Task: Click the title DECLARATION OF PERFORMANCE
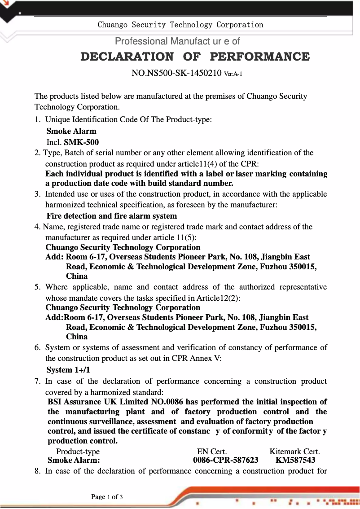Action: (195, 57)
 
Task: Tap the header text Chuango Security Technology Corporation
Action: (180, 25)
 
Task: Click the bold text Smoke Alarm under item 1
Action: (71, 132)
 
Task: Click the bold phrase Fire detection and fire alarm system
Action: (111, 216)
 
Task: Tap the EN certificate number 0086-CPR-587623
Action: (225, 460)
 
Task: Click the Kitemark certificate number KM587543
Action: (295, 460)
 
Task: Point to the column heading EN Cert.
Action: (212, 452)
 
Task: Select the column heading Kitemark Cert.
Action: (294, 452)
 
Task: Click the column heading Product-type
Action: (78, 452)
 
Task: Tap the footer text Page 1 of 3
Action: (107, 497)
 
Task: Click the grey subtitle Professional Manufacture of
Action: (177, 41)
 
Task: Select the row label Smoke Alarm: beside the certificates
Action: (74, 460)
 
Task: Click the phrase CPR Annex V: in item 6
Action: (199, 358)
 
